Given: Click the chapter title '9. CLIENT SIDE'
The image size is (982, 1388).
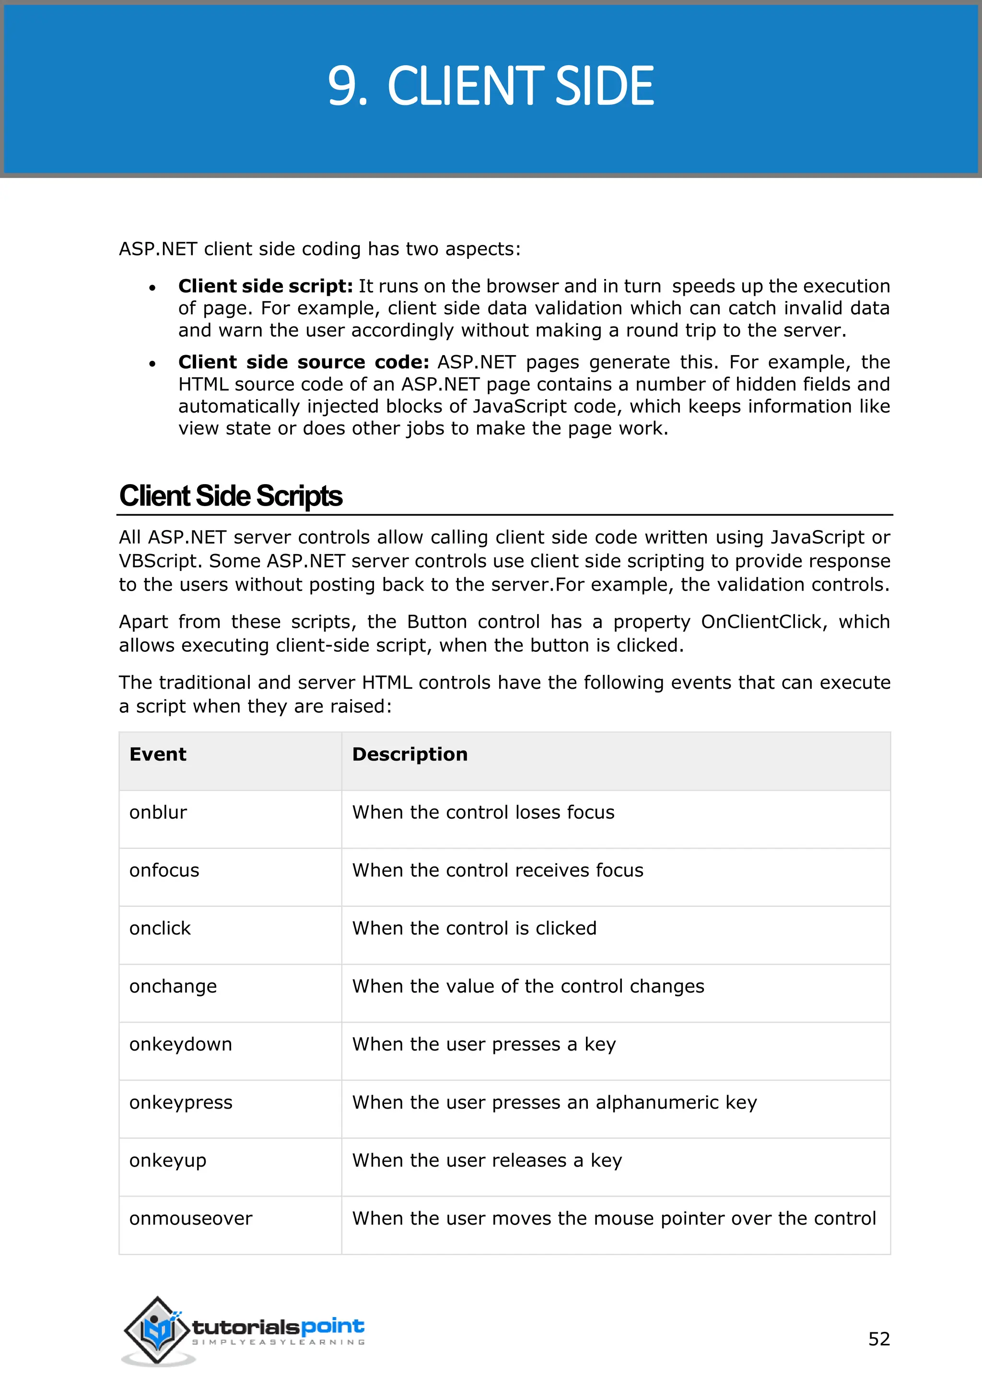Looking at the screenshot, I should click(491, 86).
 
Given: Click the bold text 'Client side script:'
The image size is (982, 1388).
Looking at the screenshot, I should click(266, 286).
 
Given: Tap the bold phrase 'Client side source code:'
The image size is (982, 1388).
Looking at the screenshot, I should click(304, 362).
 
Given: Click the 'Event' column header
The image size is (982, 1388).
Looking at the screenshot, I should click(158, 754).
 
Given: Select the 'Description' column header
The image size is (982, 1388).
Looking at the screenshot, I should click(409, 754).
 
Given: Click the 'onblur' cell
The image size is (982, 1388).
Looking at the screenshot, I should click(158, 812).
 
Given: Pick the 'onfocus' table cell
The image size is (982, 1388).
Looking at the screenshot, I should click(164, 870).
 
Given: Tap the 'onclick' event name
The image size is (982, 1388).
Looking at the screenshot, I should click(160, 928).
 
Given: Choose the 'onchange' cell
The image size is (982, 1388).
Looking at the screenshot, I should click(173, 986).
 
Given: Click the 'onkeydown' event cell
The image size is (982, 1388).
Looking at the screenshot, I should click(180, 1045).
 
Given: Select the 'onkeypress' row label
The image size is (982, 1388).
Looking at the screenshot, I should click(180, 1103).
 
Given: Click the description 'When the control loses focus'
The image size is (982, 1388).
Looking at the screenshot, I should click(483, 812).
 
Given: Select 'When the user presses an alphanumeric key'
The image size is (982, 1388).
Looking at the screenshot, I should click(554, 1103).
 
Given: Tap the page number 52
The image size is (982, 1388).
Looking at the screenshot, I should click(878, 1339).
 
